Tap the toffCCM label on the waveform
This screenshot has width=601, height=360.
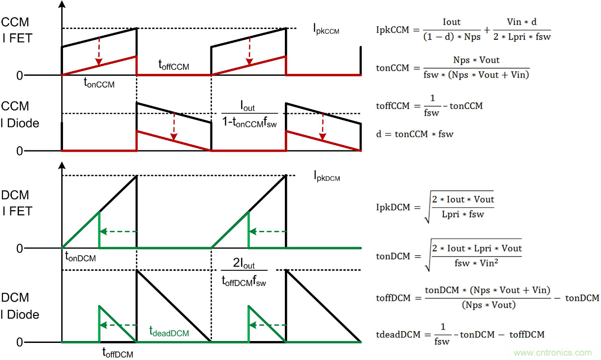173,66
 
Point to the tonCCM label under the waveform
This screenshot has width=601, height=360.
99,83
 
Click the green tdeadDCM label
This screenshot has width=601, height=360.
169,332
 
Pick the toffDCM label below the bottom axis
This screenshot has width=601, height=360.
118,352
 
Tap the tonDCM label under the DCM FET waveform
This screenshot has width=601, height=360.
81,258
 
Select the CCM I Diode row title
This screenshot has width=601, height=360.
19,114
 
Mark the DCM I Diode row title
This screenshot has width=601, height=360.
19,306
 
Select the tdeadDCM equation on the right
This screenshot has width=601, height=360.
460,334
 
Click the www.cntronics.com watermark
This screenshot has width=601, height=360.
553,352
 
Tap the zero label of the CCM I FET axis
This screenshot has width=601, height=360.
19,75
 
